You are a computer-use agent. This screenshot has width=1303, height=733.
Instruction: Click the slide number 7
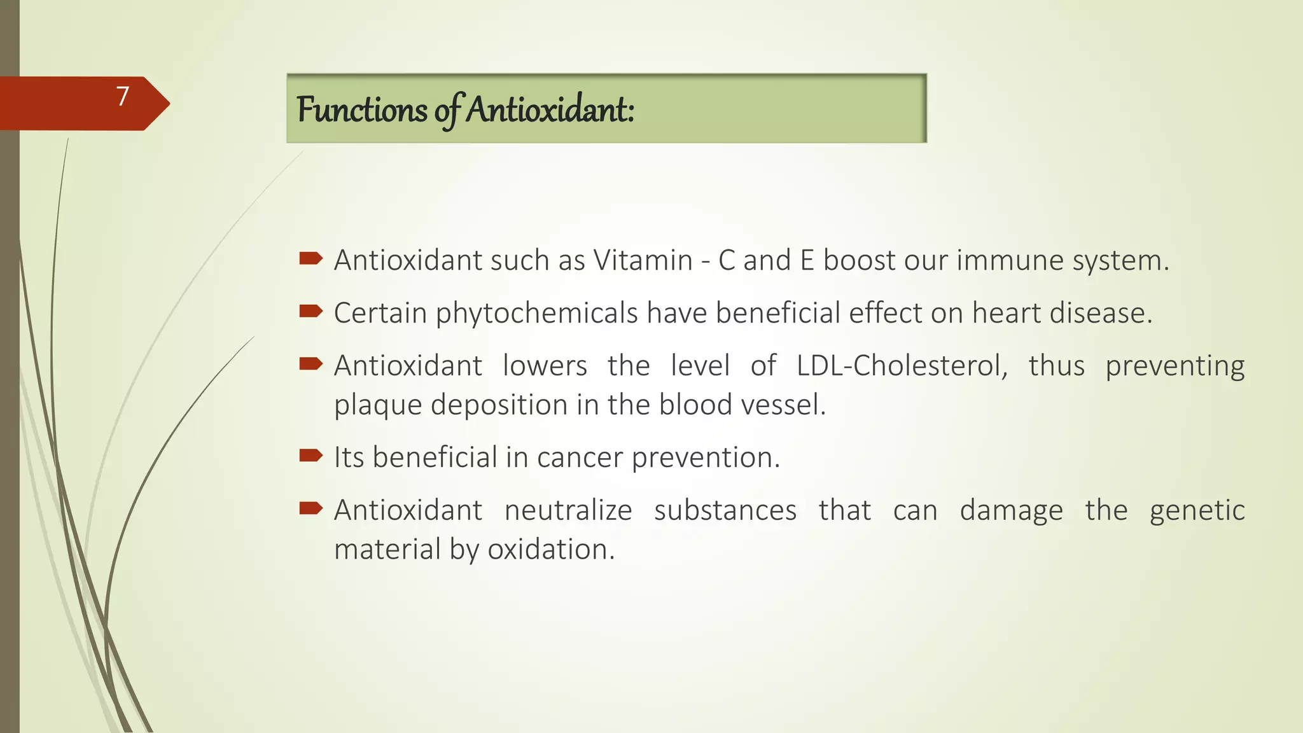click(123, 96)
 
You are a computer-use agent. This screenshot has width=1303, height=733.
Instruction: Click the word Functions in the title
click(361, 109)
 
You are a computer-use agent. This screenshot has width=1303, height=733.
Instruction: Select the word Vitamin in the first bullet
click(643, 260)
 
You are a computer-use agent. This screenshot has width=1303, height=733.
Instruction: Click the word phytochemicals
click(536, 314)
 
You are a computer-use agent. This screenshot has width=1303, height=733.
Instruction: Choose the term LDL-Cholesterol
click(902, 366)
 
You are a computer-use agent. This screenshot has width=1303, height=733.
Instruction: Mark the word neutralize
click(568, 510)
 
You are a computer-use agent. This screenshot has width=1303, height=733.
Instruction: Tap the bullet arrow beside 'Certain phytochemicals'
click(310, 311)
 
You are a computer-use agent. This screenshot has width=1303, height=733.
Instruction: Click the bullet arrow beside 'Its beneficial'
click(310, 455)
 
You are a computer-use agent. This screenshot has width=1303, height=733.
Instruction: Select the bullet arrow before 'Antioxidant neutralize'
click(310, 508)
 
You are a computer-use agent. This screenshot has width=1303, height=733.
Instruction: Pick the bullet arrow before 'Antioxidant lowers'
click(310, 364)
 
